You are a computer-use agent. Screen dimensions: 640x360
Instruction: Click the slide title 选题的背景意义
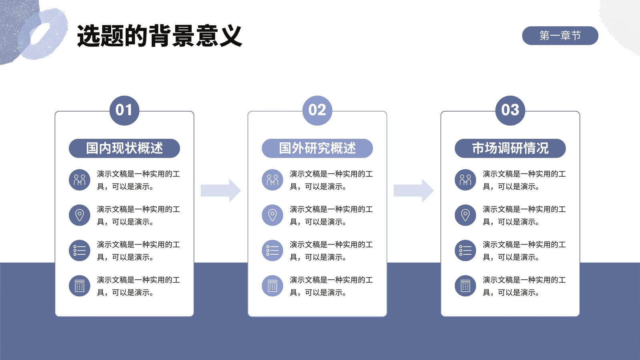coord(160,36)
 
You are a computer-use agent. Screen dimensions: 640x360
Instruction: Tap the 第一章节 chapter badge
coord(560,36)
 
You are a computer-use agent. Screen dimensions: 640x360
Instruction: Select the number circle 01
coord(124,110)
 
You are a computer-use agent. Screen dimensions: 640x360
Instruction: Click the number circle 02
coord(317,110)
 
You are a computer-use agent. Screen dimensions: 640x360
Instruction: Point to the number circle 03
coord(510,110)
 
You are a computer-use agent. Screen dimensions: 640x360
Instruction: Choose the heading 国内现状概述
coord(124,148)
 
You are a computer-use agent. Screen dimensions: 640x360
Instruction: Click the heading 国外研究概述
coord(317,148)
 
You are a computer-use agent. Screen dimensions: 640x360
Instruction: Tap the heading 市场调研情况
coord(510,148)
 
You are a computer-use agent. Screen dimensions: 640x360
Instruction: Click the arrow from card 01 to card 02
coord(220,190)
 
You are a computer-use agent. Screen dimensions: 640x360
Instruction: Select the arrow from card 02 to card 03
coord(414,190)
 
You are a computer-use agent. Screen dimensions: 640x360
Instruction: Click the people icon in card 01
coord(80,180)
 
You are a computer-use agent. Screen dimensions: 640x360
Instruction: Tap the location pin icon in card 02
coord(272,215)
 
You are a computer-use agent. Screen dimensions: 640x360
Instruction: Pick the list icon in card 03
coord(465,250)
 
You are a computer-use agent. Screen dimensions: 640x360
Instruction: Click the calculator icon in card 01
coord(80,286)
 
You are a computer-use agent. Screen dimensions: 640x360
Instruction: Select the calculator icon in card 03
coord(465,286)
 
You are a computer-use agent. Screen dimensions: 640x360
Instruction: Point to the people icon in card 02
coord(272,180)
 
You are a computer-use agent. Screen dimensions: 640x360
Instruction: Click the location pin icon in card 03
coord(465,215)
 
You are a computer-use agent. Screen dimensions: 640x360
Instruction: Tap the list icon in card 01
coord(80,250)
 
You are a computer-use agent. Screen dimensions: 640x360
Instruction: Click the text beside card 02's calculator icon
coord(331,286)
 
